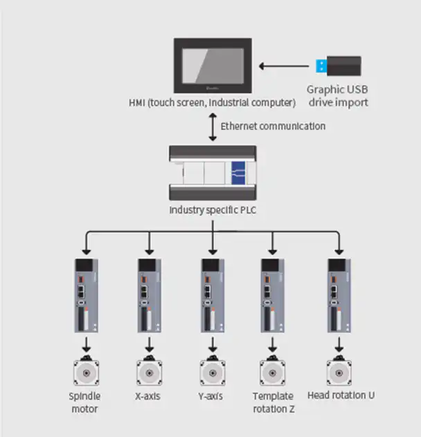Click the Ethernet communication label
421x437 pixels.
(x=273, y=127)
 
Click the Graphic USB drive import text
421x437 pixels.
(x=338, y=96)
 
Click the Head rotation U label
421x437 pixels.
(x=341, y=396)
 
